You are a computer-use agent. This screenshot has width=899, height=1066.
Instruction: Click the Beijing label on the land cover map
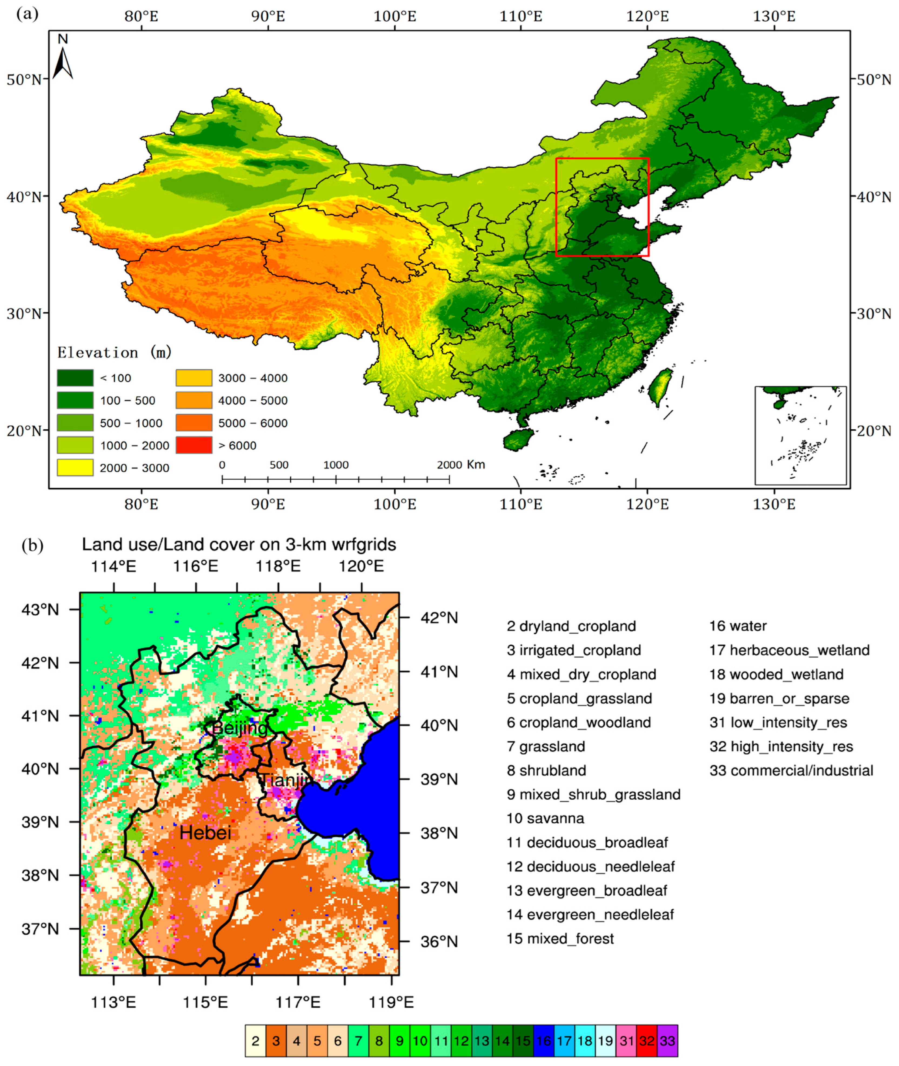[239, 728]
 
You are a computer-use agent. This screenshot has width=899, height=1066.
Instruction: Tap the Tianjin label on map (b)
[284, 780]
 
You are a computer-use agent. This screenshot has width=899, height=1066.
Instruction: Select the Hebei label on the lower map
[205, 833]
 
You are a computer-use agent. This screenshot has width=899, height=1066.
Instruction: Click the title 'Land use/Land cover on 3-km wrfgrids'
[239, 545]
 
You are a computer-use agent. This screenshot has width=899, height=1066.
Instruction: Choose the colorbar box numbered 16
[544, 1041]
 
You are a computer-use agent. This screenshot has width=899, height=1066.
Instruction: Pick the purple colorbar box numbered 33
[667, 1041]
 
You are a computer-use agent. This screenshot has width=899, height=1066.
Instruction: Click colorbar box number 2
[255, 1041]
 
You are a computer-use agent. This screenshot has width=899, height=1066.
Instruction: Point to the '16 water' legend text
[738, 626]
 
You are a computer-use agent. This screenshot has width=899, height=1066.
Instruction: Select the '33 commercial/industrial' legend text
[791, 770]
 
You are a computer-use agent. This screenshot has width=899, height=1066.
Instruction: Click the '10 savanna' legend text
[545, 818]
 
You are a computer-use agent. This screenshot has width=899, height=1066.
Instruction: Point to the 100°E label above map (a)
[395, 16]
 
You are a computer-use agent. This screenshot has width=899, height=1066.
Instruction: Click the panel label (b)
[33, 546]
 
